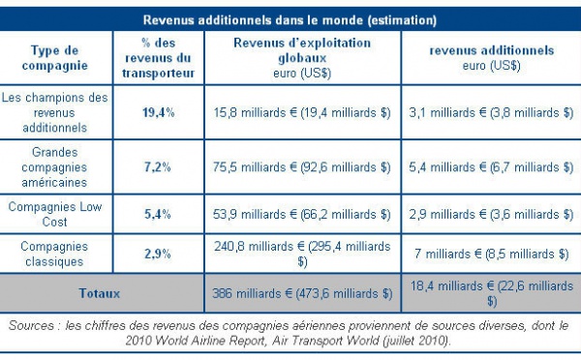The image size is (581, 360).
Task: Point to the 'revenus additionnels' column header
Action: click(488, 58)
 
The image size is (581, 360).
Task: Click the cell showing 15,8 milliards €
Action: click(301, 112)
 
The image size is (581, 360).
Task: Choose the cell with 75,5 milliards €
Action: click(301, 167)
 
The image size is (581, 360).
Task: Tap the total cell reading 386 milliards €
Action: click(301, 293)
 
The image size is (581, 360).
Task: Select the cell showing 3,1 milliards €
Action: click(488, 112)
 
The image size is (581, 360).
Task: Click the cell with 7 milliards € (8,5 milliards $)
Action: click(488, 254)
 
